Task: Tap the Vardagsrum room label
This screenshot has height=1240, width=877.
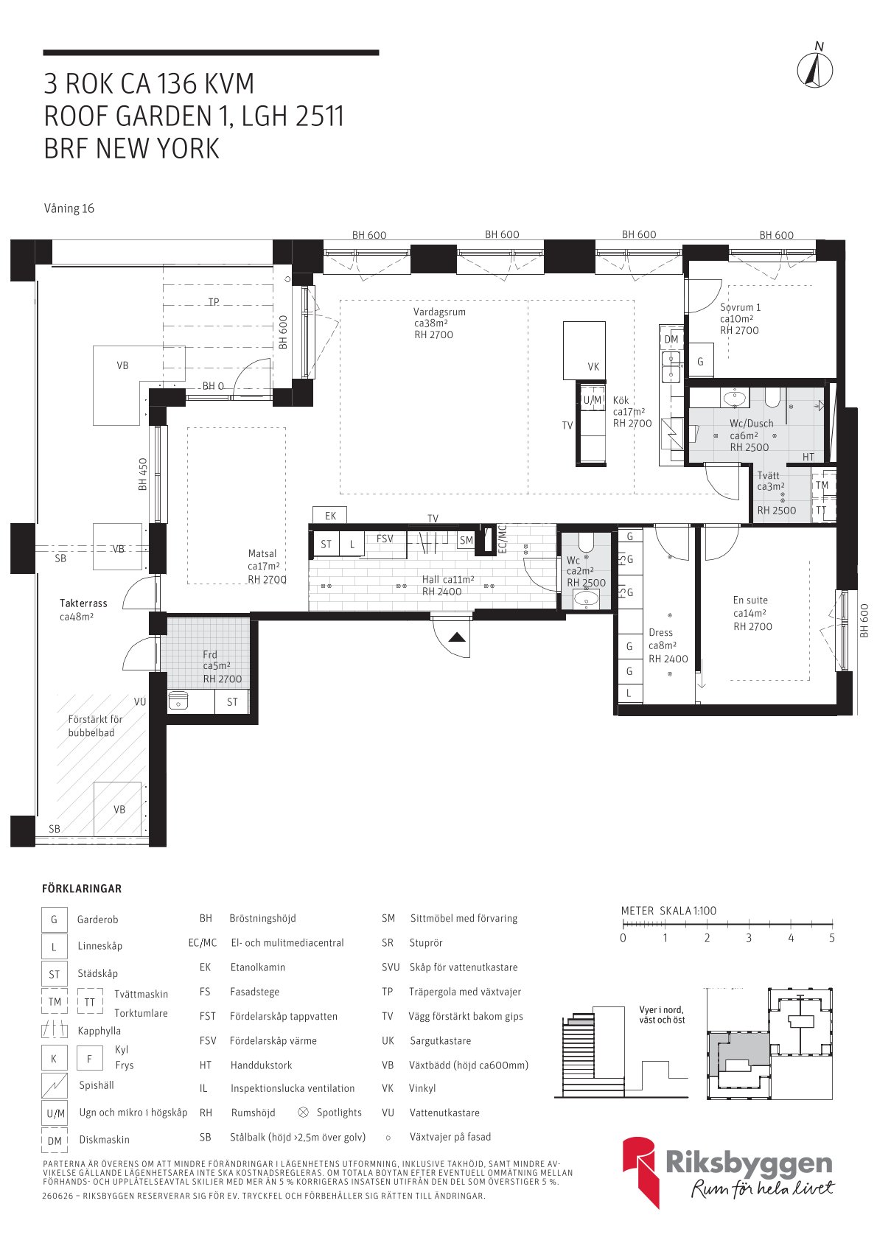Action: (x=439, y=312)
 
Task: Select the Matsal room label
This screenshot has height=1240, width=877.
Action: (x=262, y=553)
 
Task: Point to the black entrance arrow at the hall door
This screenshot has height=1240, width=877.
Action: (x=457, y=637)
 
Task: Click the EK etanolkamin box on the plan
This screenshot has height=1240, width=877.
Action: (x=330, y=515)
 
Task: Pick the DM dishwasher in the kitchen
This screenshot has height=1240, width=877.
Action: (x=671, y=339)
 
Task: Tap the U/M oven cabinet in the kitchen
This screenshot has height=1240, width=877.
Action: (x=592, y=400)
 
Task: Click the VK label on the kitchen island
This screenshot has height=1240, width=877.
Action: (x=593, y=366)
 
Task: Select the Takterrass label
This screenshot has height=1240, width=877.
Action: (x=83, y=603)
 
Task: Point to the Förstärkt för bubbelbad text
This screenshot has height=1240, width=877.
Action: (x=95, y=726)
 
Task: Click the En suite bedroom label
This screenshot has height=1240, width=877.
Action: (x=750, y=600)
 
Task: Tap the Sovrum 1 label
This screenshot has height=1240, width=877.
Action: (x=740, y=307)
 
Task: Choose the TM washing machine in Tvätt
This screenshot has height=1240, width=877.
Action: (x=822, y=486)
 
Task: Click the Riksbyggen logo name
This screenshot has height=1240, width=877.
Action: (x=749, y=1164)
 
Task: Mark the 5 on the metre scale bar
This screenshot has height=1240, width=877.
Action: (x=831, y=938)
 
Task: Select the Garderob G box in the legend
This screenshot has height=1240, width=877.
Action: (x=55, y=920)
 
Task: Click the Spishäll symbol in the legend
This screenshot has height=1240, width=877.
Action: (x=55, y=1085)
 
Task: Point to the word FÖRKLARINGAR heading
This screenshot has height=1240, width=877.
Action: (x=82, y=889)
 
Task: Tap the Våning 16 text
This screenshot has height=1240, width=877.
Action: (x=69, y=209)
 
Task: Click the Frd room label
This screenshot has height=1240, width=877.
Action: (x=210, y=654)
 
